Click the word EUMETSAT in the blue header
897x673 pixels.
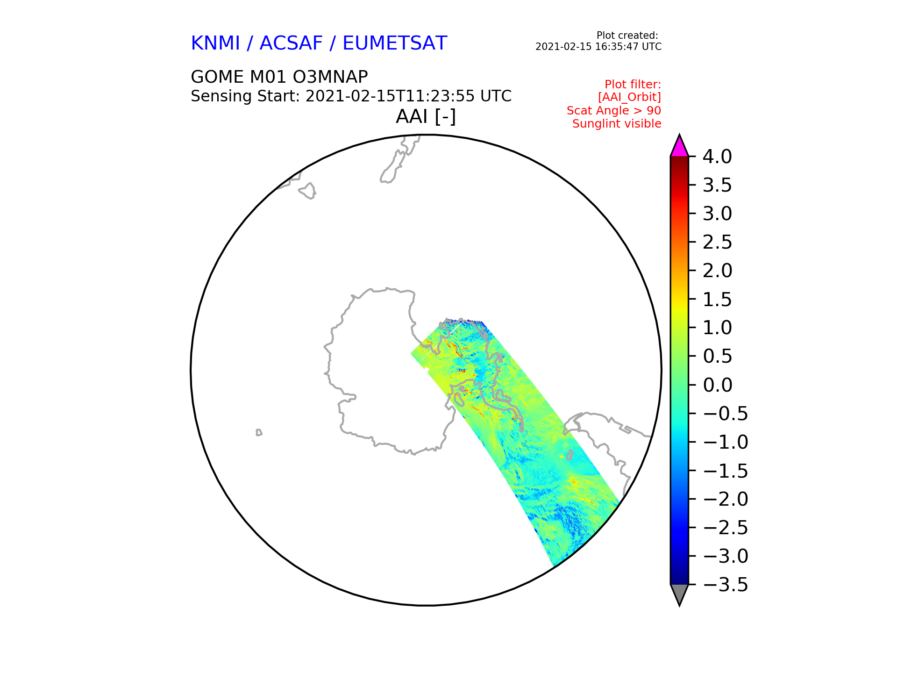(x=395, y=43)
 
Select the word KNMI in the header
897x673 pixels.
(x=215, y=43)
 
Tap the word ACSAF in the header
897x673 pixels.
(x=291, y=43)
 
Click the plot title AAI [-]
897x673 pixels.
(x=426, y=116)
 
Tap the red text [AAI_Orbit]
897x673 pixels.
(x=629, y=97)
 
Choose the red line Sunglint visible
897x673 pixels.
(x=617, y=124)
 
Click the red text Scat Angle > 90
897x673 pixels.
(x=614, y=111)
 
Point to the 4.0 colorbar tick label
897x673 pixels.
(x=717, y=157)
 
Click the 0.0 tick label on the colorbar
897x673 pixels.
(x=717, y=385)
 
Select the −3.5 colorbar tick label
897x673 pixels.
(x=725, y=585)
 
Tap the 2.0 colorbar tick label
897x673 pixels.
(x=717, y=271)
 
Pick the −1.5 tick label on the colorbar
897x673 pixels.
(x=725, y=471)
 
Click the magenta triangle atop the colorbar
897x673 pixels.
(x=679, y=148)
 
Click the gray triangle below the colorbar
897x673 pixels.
(x=679, y=593)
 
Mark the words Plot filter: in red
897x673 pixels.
(x=633, y=85)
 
